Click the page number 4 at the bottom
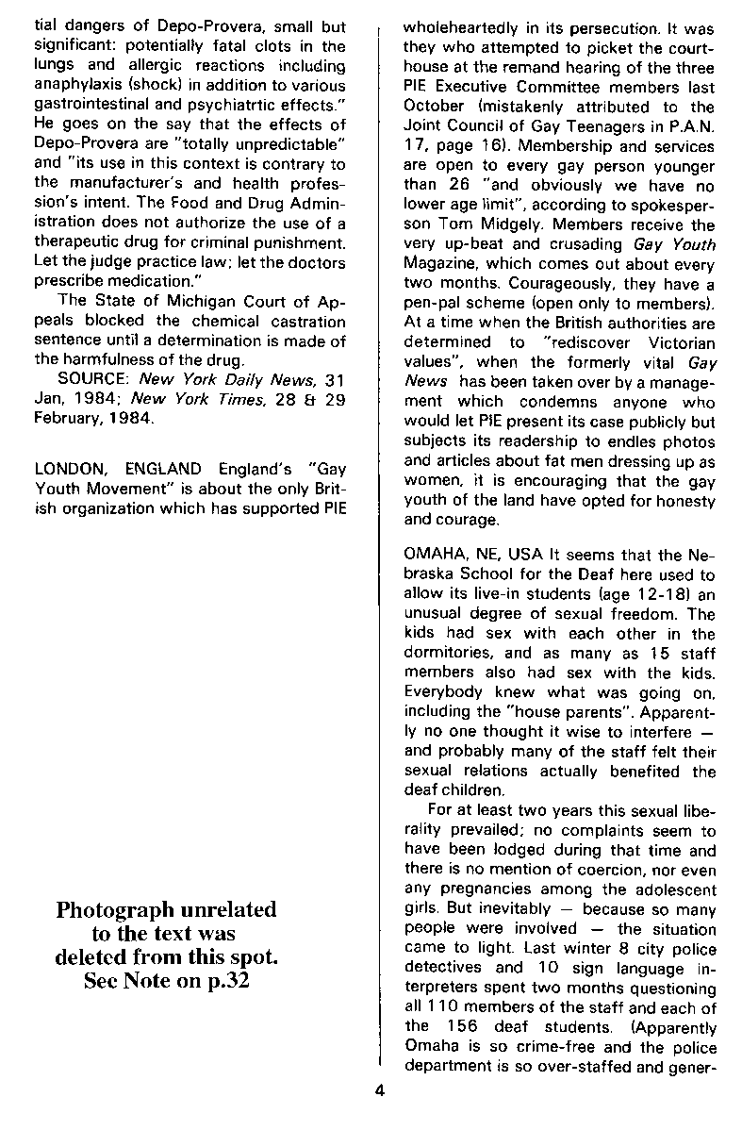click(378, 1092)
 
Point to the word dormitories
click(445, 651)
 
